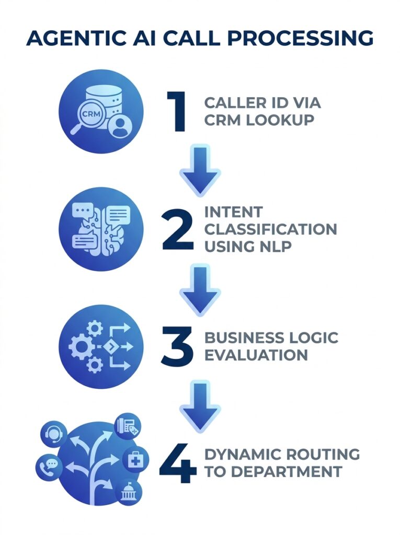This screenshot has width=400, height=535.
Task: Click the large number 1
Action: (176, 111)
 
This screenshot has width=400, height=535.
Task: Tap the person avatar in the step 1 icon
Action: (120, 127)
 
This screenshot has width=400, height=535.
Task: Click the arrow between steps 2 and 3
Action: (200, 289)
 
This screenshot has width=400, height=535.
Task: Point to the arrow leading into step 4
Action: (200, 405)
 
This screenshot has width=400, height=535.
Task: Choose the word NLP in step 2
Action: (273, 246)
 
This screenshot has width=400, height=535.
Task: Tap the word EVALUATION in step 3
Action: (256, 355)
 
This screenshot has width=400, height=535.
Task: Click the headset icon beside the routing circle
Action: (54, 434)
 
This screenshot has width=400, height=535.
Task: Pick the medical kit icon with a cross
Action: (135, 460)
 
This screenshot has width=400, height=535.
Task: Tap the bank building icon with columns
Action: (127, 493)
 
